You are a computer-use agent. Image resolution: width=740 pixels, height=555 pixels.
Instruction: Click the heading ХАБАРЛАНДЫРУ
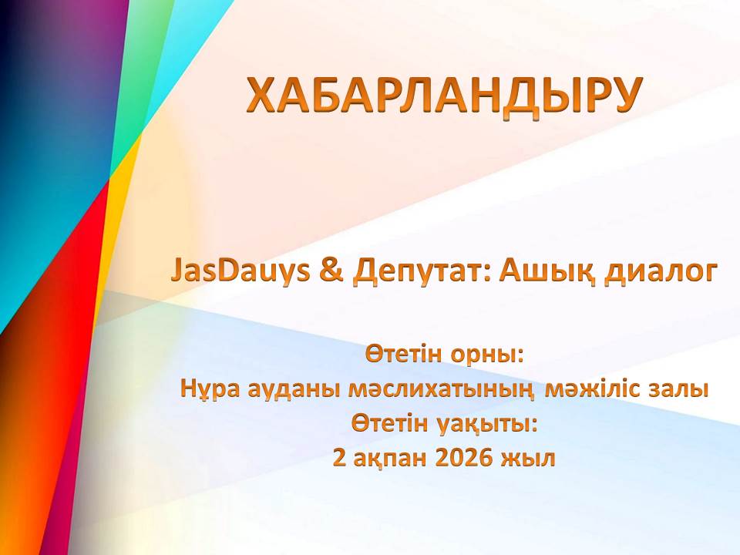click(444, 95)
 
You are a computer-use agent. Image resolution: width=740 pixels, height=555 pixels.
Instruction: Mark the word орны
click(488, 356)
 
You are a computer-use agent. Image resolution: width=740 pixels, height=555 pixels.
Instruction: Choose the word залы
click(678, 392)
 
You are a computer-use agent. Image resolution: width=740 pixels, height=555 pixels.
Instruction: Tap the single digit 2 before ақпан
click(339, 457)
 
